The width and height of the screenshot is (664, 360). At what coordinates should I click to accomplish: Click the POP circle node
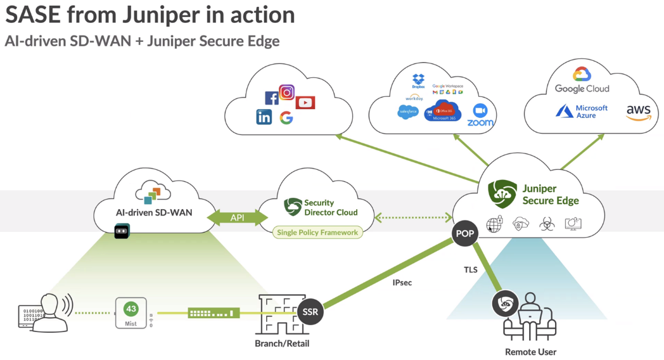pyautogui.click(x=465, y=234)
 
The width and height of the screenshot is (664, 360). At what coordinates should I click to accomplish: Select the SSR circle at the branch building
pyautogui.click(x=310, y=312)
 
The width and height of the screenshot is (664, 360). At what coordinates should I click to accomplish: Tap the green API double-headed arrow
pyautogui.click(x=237, y=217)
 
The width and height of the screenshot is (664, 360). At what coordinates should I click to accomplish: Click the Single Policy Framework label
pyautogui.click(x=317, y=233)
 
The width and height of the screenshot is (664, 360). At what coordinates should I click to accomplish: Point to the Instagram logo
pyautogui.click(x=287, y=93)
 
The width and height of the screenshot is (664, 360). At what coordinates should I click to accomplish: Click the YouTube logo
pyautogui.click(x=305, y=103)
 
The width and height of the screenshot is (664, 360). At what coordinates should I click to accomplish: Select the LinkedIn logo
pyautogui.click(x=264, y=117)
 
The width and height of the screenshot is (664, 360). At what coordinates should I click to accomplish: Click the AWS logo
pyautogui.click(x=638, y=113)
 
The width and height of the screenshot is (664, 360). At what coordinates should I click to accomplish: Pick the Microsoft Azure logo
pyautogui.click(x=582, y=112)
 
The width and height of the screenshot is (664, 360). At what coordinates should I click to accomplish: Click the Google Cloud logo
pyautogui.click(x=582, y=80)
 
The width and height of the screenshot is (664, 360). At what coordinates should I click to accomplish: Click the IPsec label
pyautogui.click(x=402, y=283)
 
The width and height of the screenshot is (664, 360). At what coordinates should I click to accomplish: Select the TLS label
pyautogui.click(x=471, y=269)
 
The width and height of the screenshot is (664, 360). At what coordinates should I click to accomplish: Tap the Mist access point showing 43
pyautogui.click(x=131, y=312)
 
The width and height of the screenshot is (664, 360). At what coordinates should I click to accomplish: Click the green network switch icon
pyautogui.click(x=214, y=312)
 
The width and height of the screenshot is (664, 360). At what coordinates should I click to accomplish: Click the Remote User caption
pyautogui.click(x=530, y=352)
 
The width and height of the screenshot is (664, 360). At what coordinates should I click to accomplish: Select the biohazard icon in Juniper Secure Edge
pyautogui.click(x=546, y=224)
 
